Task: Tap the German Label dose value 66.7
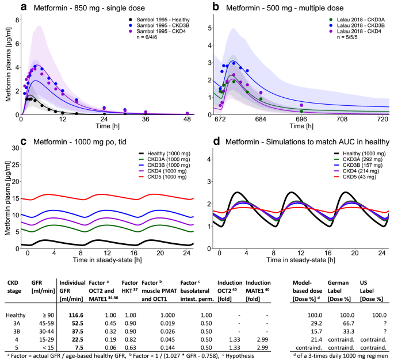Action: click(337, 323)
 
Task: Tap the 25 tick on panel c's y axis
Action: click(16, 149)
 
